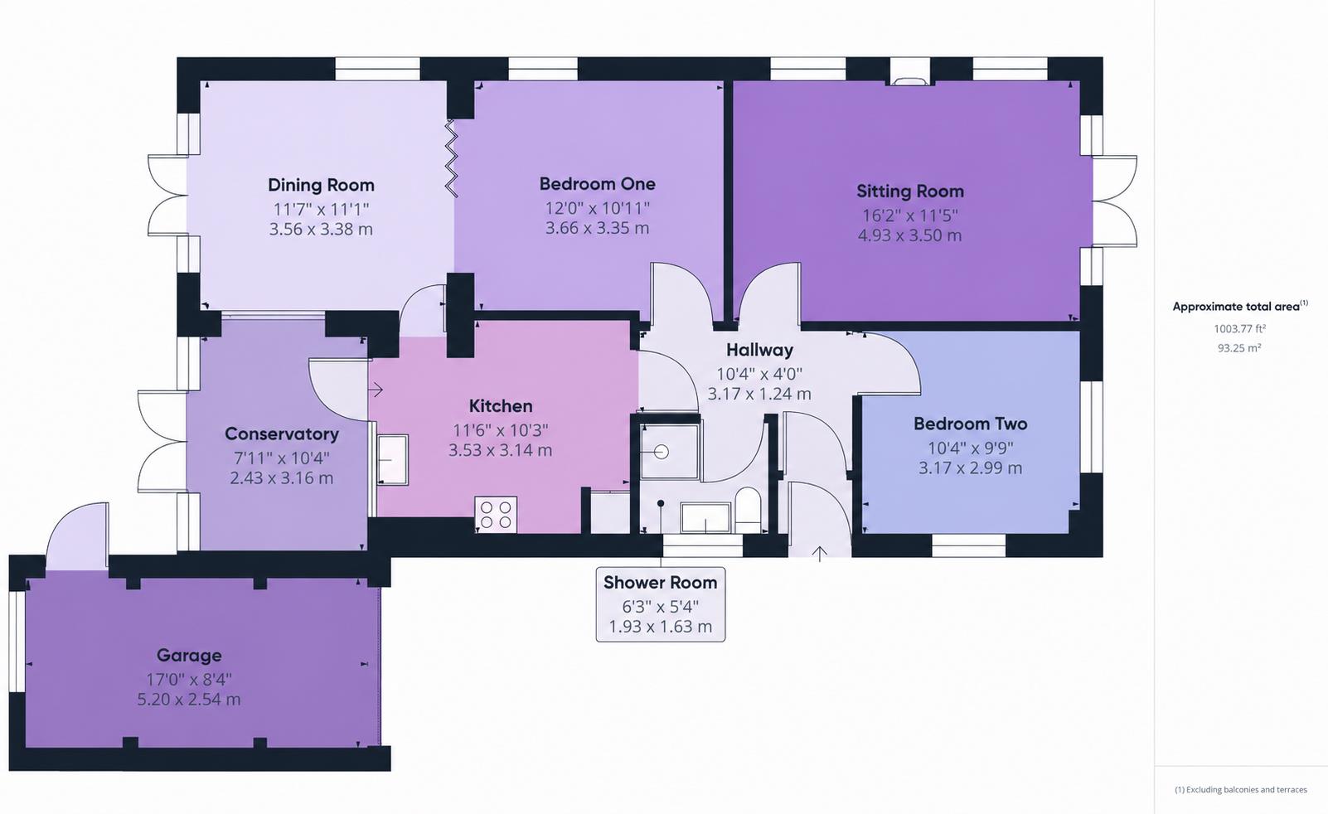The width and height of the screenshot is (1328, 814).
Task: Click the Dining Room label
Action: pos(321,185)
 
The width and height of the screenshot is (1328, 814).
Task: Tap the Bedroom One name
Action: pos(597,184)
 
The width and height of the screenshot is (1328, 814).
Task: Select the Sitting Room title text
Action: pos(910,191)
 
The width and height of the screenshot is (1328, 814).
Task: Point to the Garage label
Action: pos(189,655)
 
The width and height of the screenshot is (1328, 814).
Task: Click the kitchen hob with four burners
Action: pos(496,515)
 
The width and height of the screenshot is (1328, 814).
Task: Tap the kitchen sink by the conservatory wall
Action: pos(392,460)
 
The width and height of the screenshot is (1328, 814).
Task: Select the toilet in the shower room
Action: pos(747,510)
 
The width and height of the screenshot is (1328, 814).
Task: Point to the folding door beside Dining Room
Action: pos(451,158)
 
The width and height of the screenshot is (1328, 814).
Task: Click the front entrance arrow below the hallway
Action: pos(819,554)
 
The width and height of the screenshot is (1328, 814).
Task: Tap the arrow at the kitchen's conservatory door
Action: pos(376,390)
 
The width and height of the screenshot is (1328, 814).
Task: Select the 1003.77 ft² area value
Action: pos(1239,328)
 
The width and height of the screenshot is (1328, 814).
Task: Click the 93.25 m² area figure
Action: pos(1239,348)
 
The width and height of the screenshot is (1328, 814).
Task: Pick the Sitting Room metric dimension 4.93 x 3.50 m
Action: pos(909,235)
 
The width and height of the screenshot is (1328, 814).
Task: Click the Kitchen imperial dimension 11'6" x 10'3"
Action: pos(501,430)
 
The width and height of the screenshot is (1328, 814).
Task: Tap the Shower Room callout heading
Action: pos(661,583)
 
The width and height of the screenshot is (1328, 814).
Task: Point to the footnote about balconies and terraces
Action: pos(1241,790)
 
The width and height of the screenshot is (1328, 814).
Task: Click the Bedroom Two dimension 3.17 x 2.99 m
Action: pos(971,468)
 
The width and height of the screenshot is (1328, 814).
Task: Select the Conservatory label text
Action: pos(282,434)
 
